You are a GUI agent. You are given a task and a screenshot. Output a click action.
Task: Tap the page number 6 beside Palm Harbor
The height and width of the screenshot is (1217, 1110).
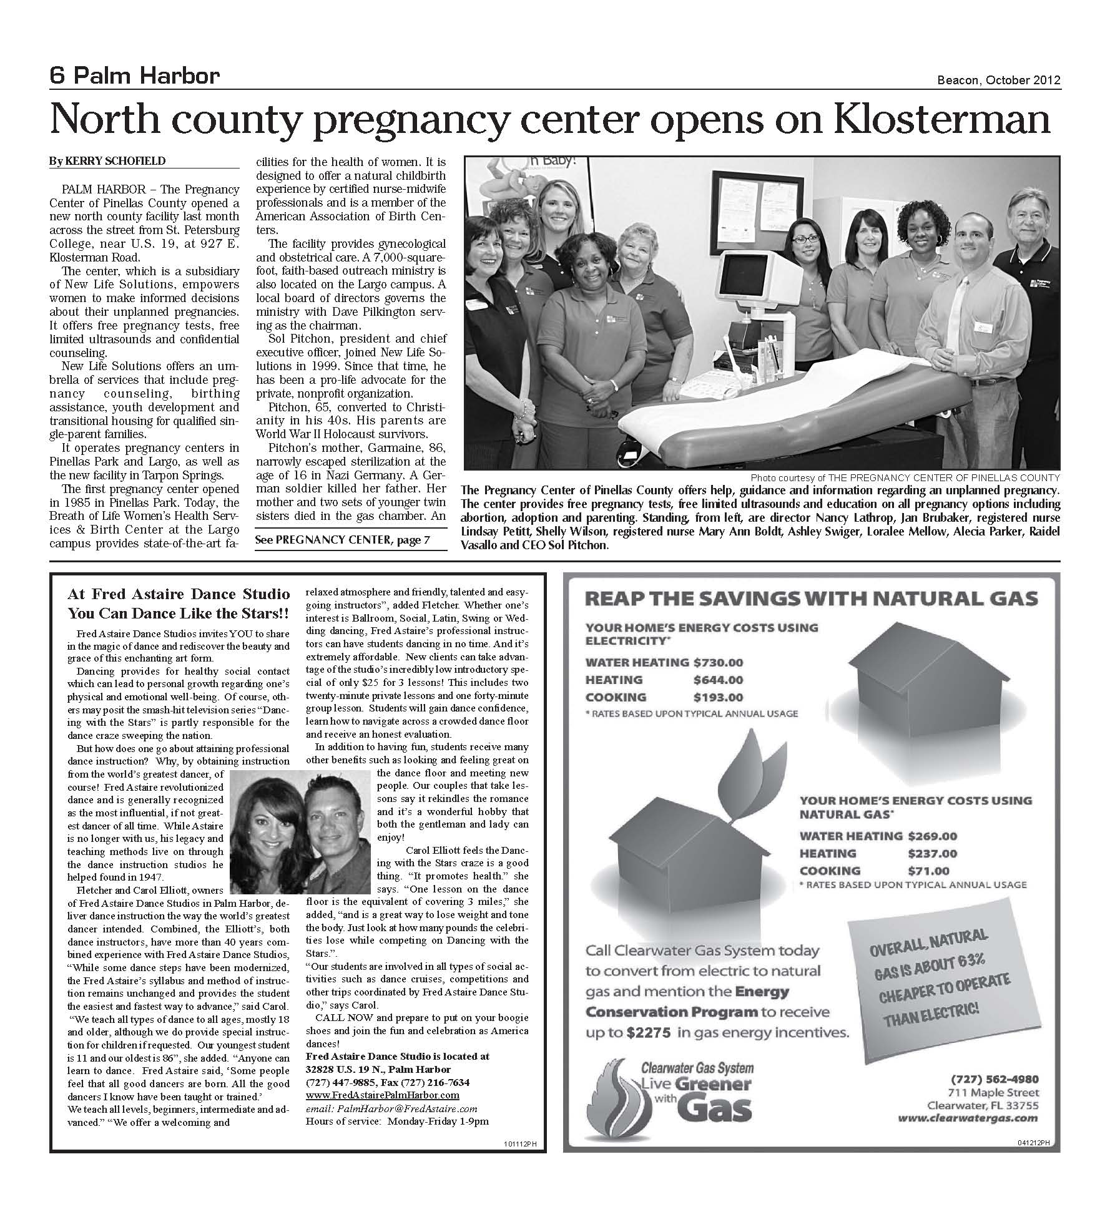[x=57, y=76]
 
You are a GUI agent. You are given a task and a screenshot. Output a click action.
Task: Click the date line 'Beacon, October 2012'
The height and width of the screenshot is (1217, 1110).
[x=998, y=80]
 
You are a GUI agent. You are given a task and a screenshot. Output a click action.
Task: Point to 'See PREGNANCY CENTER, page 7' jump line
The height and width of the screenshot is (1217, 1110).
[x=343, y=540]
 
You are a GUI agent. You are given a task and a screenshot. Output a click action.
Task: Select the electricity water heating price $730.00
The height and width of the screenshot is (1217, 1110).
[x=718, y=662]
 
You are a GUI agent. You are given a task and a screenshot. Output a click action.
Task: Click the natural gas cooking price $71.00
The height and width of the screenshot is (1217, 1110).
[x=928, y=871]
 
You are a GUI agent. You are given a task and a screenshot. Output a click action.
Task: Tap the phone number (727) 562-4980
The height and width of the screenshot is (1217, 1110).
[x=995, y=1079]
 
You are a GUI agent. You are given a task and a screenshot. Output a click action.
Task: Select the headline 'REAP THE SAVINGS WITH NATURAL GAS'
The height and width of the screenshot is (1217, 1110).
[x=811, y=599]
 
